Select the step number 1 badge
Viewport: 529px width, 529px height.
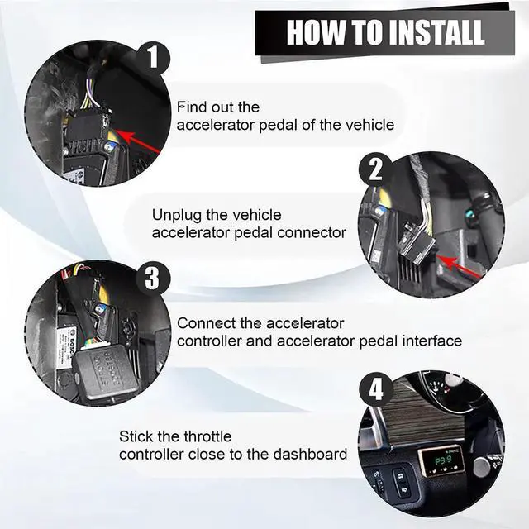[152, 59]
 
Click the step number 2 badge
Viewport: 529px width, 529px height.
[375, 170]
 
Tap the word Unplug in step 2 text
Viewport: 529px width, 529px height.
[174, 215]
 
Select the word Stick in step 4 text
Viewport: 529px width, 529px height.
[134, 436]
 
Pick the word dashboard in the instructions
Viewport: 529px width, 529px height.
[316, 455]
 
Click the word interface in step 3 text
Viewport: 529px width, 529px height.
[433, 341]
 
